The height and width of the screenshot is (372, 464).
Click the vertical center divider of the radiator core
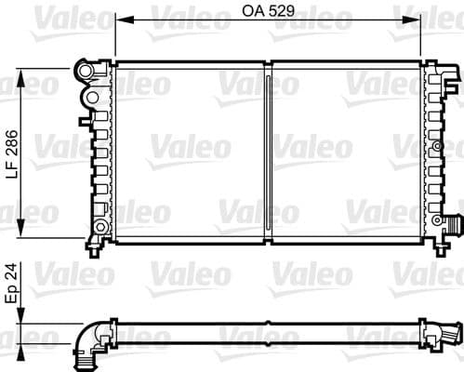(269, 153)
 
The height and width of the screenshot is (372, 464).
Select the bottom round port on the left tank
(99, 228)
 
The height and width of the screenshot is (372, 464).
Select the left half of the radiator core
(191, 153)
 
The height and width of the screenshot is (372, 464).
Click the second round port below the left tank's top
(91, 97)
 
